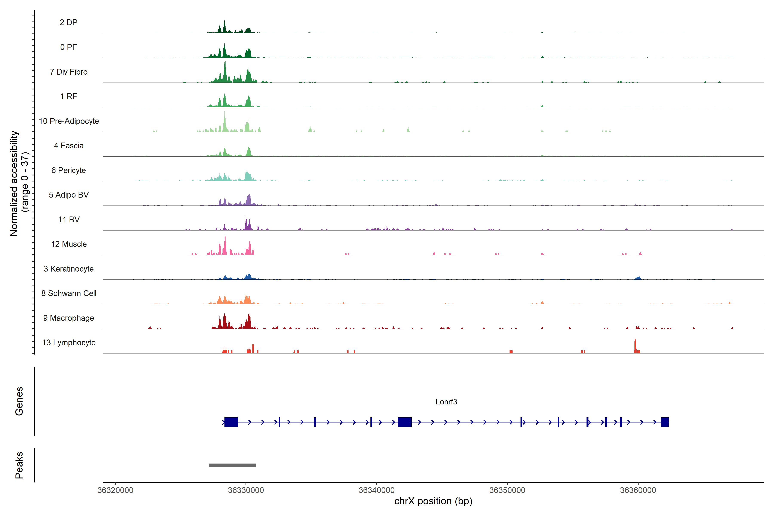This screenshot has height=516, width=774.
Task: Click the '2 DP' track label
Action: point(68,22)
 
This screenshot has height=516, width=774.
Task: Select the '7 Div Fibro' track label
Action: point(68,72)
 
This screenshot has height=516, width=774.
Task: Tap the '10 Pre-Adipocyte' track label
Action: point(69,121)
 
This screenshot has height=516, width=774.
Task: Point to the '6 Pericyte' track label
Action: point(68,170)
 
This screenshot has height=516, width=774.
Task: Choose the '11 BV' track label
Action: point(69,220)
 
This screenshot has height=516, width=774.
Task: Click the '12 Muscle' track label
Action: point(69,244)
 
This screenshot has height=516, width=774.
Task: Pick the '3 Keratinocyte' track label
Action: point(68,269)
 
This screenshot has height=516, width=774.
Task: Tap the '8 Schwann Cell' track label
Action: point(69,293)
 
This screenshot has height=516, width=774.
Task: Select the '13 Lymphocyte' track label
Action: point(69,342)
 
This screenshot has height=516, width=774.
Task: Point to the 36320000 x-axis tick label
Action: point(115,490)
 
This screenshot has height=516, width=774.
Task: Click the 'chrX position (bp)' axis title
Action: point(433,501)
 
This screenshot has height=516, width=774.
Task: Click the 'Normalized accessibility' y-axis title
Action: point(14,183)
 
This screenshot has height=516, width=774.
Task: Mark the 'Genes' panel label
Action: point(19,401)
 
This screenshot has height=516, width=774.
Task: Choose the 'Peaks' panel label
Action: point(19,465)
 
